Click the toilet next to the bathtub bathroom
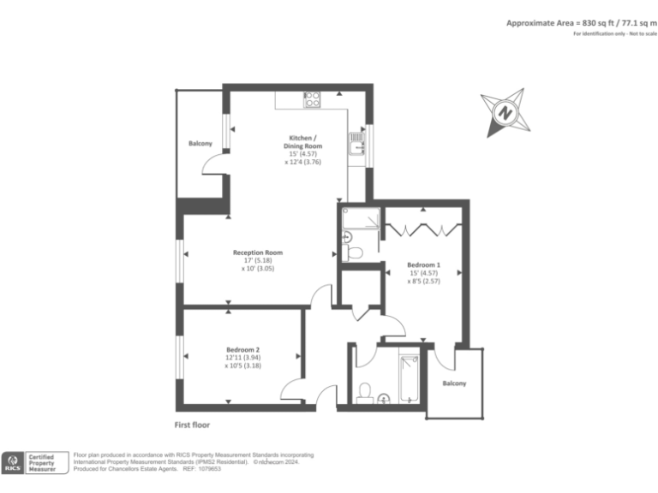click(x=364, y=392)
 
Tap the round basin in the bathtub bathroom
click(x=384, y=397)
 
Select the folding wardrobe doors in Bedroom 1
click(x=417, y=229)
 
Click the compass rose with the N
click(x=505, y=112)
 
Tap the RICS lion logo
click(x=13, y=463)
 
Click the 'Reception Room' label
click(x=258, y=252)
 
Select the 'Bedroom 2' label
click(x=243, y=349)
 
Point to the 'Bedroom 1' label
click(x=424, y=265)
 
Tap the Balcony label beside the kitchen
click(x=200, y=143)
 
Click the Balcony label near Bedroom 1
click(x=454, y=383)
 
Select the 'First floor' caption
click(x=192, y=424)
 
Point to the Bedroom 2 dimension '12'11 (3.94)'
click(x=244, y=358)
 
